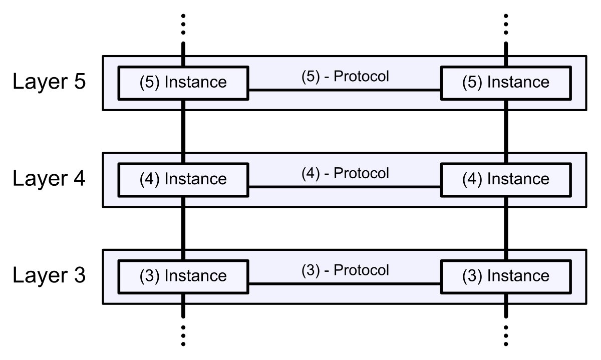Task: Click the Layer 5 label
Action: click(49, 82)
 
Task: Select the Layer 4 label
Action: click(49, 178)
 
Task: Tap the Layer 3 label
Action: click(49, 275)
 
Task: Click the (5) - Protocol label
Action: click(345, 76)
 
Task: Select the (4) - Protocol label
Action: click(345, 173)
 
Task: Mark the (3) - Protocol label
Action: click(345, 270)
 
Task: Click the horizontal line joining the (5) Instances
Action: click(345, 90)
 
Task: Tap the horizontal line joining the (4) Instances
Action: click(345, 187)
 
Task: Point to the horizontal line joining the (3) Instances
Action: click(345, 283)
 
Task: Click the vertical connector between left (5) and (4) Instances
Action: click(183, 132)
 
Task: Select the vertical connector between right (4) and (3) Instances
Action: click(506, 228)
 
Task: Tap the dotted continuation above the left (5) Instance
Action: click(183, 25)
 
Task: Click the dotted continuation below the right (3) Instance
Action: click(506, 335)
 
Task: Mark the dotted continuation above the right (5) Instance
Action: click(506, 25)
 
